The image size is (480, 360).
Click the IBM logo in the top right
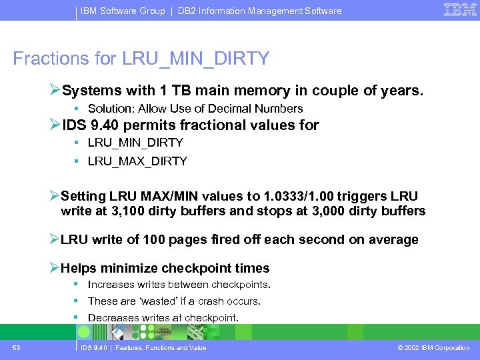point(460,9)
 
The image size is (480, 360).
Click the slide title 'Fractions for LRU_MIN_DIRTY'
point(141,59)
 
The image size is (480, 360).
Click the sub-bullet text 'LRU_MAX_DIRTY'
point(137,161)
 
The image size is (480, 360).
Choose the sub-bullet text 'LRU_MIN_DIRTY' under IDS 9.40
point(135,143)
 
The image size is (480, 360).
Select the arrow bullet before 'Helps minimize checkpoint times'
point(55,268)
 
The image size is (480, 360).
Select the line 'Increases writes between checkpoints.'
point(179,285)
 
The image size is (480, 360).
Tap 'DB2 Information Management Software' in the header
point(260,11)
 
